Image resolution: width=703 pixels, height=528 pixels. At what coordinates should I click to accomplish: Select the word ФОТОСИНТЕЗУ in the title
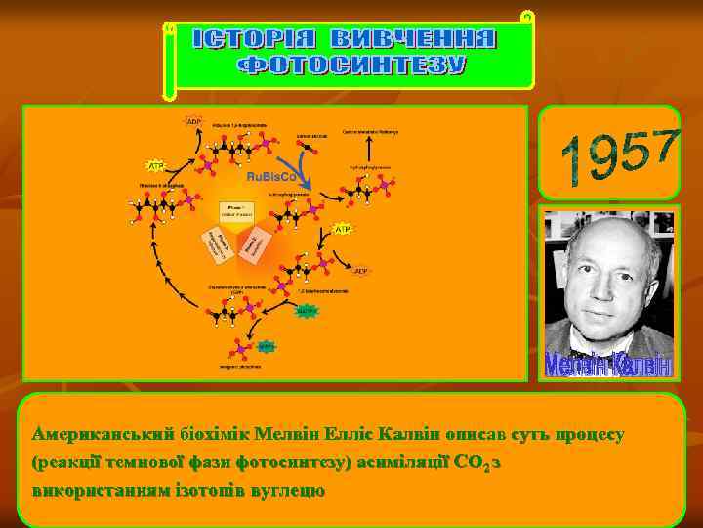click(353, 66)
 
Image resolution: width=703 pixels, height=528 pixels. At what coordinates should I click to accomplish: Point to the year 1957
click(622, 156)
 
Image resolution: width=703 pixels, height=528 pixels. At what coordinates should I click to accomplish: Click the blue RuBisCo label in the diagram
click(271, 178)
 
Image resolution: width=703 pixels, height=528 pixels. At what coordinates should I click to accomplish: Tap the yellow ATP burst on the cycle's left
click(154, 165)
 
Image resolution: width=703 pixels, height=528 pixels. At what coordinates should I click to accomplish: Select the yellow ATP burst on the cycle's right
click(342, 228)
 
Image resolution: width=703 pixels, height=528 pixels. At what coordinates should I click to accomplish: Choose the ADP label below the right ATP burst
click(361, 271)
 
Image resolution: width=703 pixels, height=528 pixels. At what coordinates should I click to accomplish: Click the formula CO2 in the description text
click(473, 461)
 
